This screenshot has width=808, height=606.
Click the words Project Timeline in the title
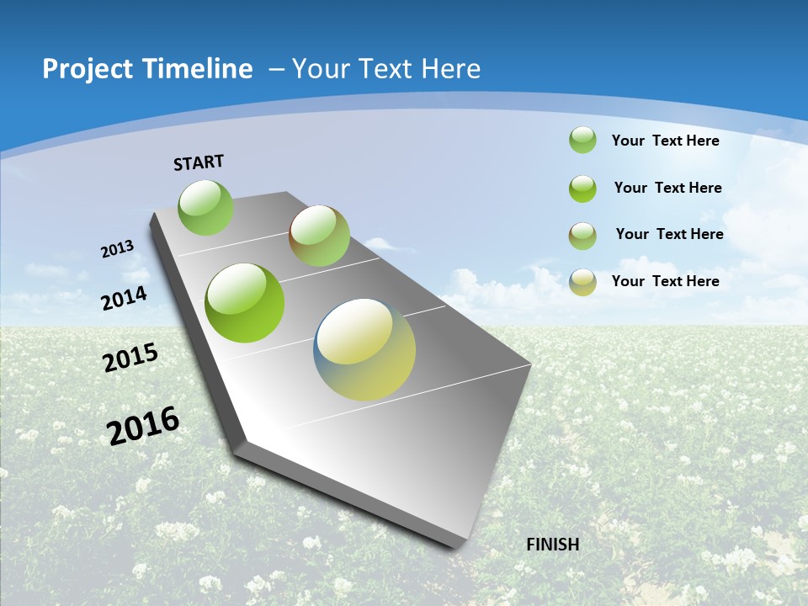[x=147, y=69]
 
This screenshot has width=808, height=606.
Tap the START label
[x=199, y=162]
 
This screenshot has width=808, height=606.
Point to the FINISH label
[x=553, y=545]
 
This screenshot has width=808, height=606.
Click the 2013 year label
[x=118, y=249]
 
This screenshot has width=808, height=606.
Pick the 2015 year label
[x=130, y=358]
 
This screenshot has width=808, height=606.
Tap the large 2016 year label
[x=143, y=425]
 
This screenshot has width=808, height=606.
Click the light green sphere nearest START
[x=205, y=207]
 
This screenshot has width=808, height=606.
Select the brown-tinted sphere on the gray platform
[x=319, y=236]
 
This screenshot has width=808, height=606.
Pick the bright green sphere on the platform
[x=245, y=303]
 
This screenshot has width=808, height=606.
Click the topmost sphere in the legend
[x=582, y=140]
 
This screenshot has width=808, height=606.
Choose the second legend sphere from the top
[x=582, y=189]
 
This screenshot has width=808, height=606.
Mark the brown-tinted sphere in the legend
[x=582, y=236]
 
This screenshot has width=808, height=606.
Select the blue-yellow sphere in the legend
[x=582, y=282]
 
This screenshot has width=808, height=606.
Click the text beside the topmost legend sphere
[x=666, y=141]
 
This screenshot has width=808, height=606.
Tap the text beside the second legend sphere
[x=668, y=188]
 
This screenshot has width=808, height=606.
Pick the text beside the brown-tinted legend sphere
[x=670, y=234]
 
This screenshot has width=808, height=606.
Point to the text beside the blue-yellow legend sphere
[x=666, y=281]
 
